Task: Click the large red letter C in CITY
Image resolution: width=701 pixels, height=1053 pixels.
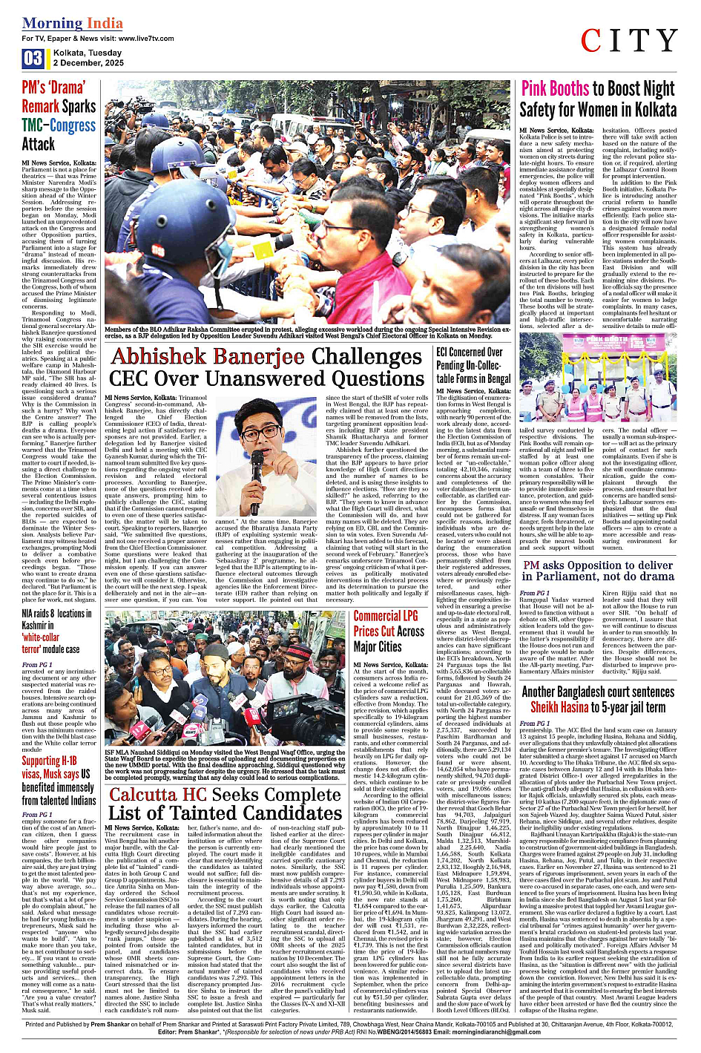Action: click(593, 42)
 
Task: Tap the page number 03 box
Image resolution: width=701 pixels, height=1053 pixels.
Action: click(33, 59)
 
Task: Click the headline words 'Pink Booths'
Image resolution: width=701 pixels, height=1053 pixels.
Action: click(555, 90)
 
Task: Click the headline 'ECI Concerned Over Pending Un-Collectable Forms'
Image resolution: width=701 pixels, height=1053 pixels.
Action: click(473, 365)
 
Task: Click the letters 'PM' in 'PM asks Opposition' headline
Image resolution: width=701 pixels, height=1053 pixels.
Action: click(531, 565)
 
